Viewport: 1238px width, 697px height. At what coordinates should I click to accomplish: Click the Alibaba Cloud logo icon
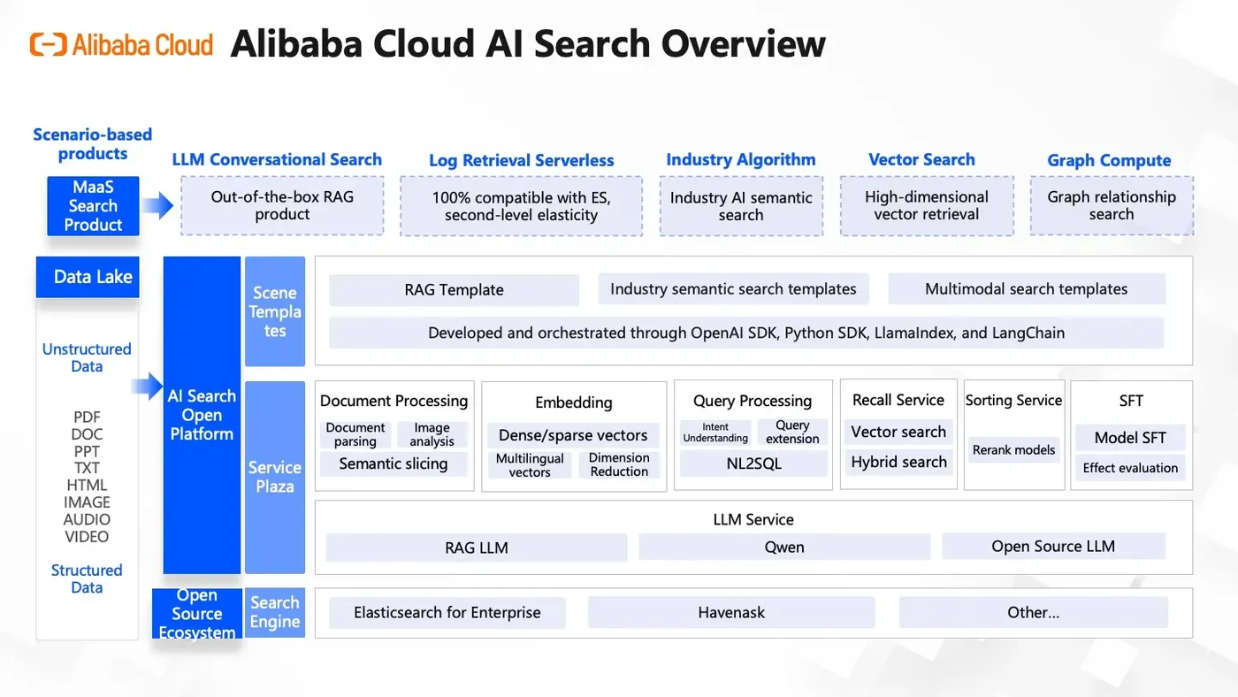click(x=48, y=44)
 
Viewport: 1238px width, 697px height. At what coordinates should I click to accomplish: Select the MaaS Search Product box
click(x=93, y=206)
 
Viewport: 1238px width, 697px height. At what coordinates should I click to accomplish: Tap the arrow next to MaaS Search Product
click(x=157, y=206)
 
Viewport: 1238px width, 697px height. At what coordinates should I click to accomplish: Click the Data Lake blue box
click(x=88, y=277)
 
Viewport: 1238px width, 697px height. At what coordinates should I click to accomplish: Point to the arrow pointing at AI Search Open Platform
click(x=146, y=386)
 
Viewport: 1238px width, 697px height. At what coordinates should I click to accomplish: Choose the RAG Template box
click(x=454, y=290)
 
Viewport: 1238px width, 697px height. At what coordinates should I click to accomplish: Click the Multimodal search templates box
click(x=1026, y=289)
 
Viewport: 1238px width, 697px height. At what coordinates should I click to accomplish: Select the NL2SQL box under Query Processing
click(x=753, y=463)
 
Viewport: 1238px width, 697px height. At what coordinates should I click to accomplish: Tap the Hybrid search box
click(x=898, y=462)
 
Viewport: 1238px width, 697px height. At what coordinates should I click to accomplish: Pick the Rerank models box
click(x=1013, y=450)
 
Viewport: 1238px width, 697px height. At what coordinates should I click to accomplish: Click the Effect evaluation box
click(x=1130, y=468)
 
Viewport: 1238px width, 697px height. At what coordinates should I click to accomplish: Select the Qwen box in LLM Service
click(x=784, y=547)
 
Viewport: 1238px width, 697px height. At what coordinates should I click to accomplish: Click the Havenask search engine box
click(x=731, y=612)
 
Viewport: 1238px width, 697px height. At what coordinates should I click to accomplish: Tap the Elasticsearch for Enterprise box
click(x=447, y=612)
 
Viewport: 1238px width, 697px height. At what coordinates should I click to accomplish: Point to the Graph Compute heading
click(x=1109, y=160)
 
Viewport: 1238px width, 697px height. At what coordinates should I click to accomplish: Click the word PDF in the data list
click(x=87, y=417)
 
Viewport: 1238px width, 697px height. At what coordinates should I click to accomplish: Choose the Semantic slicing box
click(x=394, y=463)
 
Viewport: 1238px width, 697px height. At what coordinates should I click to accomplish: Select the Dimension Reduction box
click(x=619, y=464)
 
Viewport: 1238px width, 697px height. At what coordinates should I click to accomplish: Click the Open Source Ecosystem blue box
click(x=196, y=614)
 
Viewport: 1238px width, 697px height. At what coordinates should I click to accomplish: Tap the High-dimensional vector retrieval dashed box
click(x=926, y=206)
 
